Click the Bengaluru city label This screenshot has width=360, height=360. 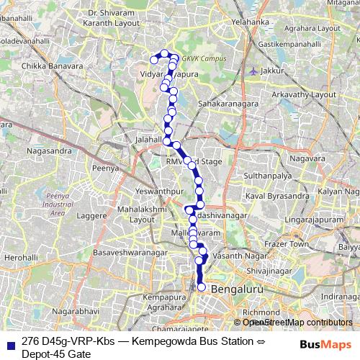pyautogui.click(x=250, y=289)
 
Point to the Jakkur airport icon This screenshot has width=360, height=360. pyautogui.click(x=253, y=71)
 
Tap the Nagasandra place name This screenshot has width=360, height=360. pyautogui.click(x=48, y=151)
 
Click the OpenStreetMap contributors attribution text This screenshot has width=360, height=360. pyautogui.click(x=297, y=322)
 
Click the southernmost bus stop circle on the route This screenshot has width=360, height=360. pyautogui.click(x=202, y=287)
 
